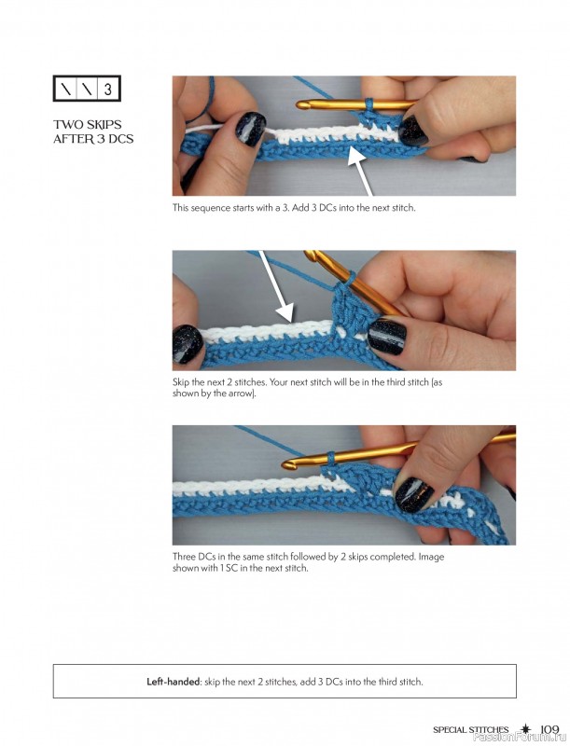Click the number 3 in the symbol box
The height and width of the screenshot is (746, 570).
tap(108, 89)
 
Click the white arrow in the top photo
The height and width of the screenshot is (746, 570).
tap(359, 172)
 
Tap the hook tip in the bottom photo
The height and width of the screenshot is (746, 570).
tap(286, 463)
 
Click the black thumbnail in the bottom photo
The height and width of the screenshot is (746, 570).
tap(413, 495)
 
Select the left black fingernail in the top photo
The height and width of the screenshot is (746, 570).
tap(250, 129)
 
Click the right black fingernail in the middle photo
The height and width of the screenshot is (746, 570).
tap(387, 337)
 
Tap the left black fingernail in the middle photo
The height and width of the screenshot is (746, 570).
tap(188, 343)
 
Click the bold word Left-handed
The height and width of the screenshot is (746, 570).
tap(174, 682)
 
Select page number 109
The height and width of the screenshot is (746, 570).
tap(549, 729)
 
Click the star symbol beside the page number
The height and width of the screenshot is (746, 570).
tap(525, 729)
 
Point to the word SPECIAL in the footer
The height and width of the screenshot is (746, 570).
tap(450, 730)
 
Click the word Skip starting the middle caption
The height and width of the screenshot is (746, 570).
tap(181, 382)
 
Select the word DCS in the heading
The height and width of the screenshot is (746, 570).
tap(120, 139)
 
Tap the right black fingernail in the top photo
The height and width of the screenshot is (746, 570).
tap(413, 131)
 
